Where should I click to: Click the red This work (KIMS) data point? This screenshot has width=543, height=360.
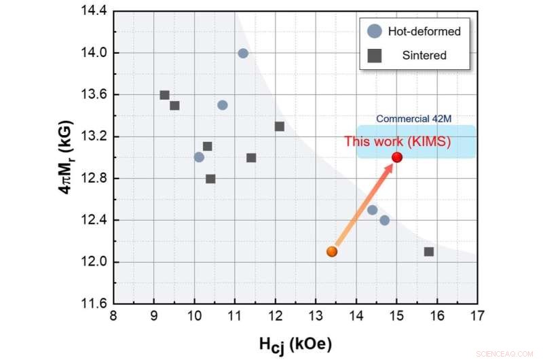click(397, 158)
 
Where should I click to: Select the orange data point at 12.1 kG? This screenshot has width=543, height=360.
click(332, 251)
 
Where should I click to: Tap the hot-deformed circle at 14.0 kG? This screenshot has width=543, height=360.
click(243, 53)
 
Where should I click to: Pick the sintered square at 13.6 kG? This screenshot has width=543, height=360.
click(164, 95)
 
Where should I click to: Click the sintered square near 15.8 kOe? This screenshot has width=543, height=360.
click(429, 252)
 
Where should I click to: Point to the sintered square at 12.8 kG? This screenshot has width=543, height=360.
click(210, 179)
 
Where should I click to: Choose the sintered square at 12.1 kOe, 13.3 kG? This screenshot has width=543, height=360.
click(280, 126)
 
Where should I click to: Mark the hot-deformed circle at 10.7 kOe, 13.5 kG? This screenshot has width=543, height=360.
click(223, 105)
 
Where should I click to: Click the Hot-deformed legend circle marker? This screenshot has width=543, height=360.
click(374, 31)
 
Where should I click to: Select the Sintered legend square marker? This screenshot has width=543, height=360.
click(374, 56)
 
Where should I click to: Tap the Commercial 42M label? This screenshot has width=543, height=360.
click(414, 119)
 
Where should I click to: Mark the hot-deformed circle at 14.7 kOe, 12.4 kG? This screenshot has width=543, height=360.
click(385, 220)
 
